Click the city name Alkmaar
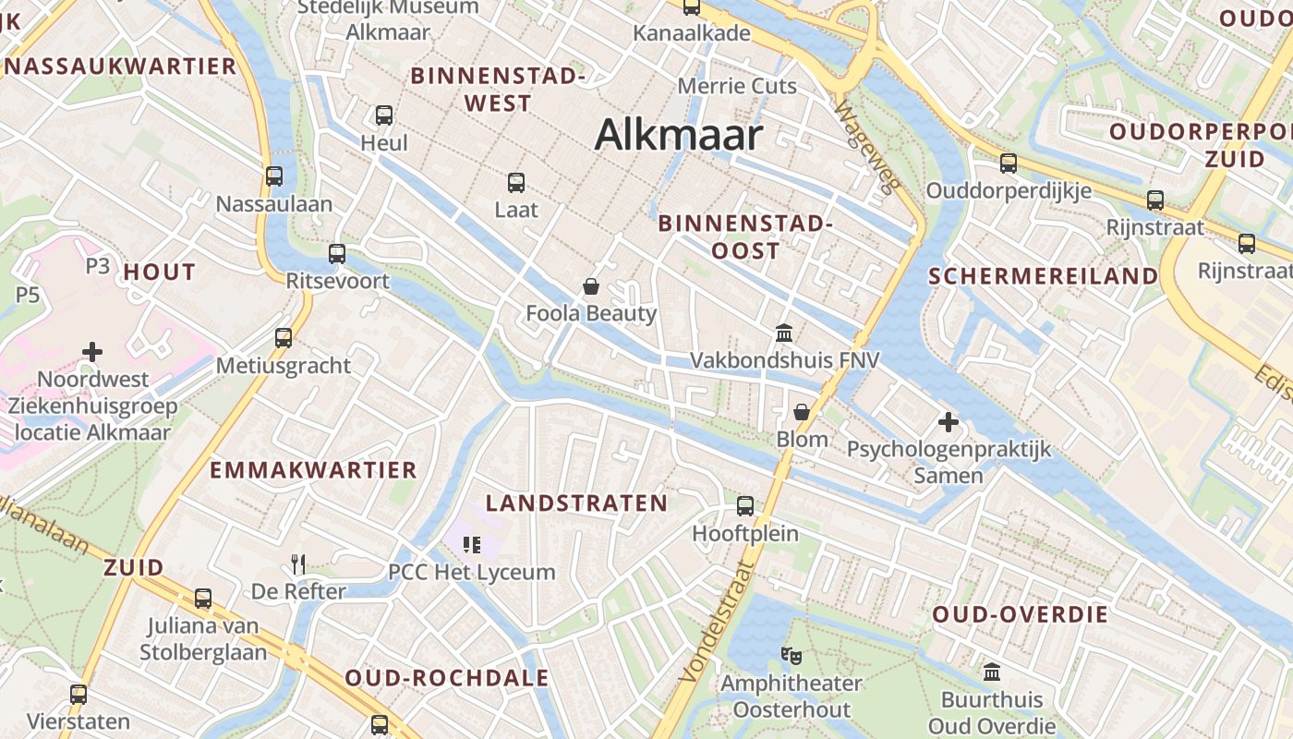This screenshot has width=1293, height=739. coord(679,136)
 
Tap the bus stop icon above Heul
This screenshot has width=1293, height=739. coord(384,115)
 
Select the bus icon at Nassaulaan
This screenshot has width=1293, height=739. coord(274,176)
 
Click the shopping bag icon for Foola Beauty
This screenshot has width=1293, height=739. coord(591,286)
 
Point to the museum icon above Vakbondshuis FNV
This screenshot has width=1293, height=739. coord(784,333)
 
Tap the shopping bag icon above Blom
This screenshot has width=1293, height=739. coord(802,412)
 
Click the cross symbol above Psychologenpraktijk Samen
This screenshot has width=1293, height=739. coord(949,423)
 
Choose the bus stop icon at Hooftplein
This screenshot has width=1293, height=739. coord(745,506)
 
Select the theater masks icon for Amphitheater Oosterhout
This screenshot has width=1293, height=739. coord(791,656)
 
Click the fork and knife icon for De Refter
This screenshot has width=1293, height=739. coord(298,563)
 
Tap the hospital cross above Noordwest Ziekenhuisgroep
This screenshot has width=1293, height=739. coord(92,352)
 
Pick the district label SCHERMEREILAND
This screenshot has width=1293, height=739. coord(1043,276)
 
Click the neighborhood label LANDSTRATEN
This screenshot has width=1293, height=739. coord(576,503)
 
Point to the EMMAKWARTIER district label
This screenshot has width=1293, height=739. coord(313,470)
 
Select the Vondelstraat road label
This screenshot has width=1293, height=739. coord(717,623)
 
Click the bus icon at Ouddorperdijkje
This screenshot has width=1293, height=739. coord(1009,164)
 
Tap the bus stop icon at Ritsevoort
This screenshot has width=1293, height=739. coord(337,253)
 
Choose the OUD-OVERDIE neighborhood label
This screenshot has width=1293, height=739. coord(1020,615)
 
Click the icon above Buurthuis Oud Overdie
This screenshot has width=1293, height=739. coord(992,672)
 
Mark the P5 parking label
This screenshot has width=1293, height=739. coord(28,295)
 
